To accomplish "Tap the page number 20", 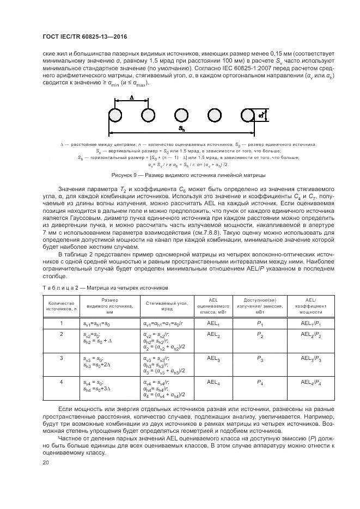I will pos(46,463).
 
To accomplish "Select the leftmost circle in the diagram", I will pos(115,115).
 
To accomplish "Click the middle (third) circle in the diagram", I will pos(182,115).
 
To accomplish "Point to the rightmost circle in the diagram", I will pos(248,115).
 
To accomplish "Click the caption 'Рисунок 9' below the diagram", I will pos(188,175).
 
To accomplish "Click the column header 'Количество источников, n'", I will pos(61,306).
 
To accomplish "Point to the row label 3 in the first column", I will pos(62,358).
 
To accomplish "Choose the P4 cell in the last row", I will pos(260,382).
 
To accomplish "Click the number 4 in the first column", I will pos(62,382).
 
